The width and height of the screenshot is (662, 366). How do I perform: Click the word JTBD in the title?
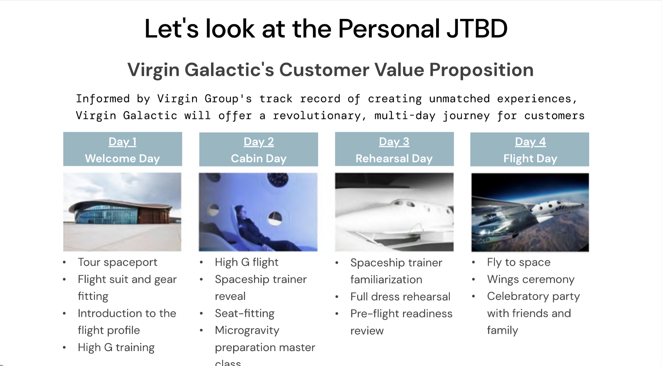pos(477,28)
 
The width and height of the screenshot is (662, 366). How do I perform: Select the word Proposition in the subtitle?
pos(482,71)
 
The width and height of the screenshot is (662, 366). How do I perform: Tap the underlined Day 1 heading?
pos(122,142)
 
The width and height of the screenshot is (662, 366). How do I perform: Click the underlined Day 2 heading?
pos(259,142)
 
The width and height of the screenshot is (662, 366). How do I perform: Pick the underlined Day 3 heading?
pos(394,142)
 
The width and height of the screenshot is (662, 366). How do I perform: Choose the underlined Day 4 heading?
pos(530,142)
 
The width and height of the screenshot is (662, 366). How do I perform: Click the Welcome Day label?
pos(122,158)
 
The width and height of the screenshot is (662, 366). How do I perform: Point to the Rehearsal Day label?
pos(394,158)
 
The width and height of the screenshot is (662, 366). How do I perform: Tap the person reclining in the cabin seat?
pos(260,228)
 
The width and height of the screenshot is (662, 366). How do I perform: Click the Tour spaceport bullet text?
pos(117,262)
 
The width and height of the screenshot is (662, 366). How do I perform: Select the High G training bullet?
pos(116,347)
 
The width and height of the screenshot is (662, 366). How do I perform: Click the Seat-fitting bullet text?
pos(245,313)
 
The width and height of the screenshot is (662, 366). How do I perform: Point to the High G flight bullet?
pos(246,262)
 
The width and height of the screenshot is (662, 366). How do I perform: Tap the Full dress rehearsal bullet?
pos(400,297)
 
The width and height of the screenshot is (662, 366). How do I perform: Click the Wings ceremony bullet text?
pos(531,279)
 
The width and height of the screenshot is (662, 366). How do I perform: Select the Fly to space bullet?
pos(519,262)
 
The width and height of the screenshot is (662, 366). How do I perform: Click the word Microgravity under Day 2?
pos(247,331)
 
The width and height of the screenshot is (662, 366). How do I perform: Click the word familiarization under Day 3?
pos(386,280)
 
